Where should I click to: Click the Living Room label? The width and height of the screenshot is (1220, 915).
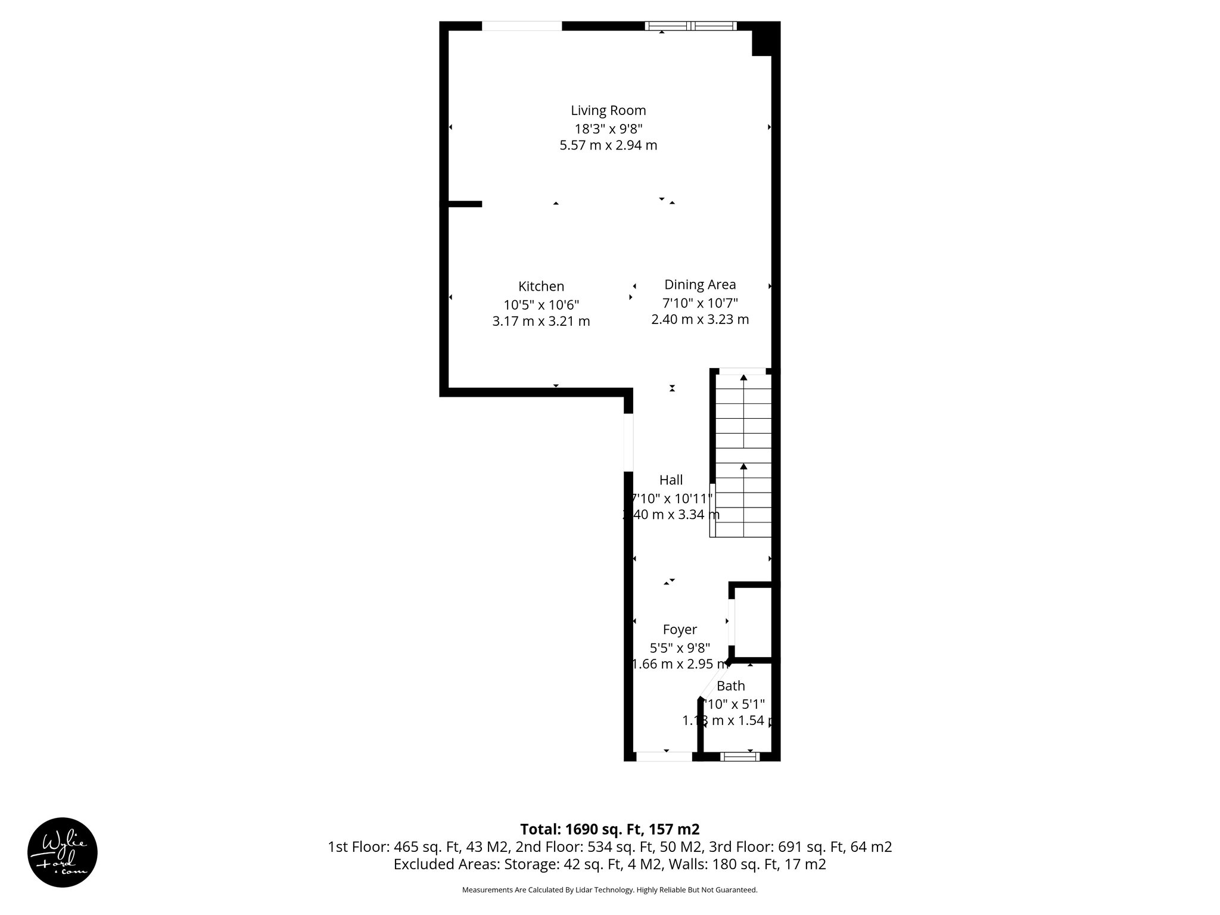pos(608,110)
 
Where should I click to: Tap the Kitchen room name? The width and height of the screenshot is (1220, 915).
pos(541,286)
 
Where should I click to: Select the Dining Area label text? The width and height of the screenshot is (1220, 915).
pos(700,285)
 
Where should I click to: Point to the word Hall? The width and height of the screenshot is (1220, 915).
pos(671,480)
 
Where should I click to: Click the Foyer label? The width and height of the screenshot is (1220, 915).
pos(680,630)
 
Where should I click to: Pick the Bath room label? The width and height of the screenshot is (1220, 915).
pos(730,686)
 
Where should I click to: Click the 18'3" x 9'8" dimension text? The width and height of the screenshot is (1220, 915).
pos(608,128)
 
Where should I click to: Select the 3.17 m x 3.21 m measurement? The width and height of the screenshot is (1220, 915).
pos(541,322)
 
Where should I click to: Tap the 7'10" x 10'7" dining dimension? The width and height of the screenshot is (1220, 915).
pos(700,303)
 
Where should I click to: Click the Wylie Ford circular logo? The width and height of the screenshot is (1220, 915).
pos(63,852)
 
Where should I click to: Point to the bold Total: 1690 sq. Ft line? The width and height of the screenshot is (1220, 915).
pos(609,829)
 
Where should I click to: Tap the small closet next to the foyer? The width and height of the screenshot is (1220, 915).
pos(753,623)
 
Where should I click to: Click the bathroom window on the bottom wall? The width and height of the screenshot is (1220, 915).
pos(740,757)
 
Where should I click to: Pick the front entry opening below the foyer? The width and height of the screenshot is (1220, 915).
pos(664,757)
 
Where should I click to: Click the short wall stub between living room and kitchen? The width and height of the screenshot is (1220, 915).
pos(464,204)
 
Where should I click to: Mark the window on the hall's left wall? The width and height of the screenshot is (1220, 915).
pos(628,441)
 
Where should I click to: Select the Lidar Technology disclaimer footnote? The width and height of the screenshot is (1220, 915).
pos(609,890)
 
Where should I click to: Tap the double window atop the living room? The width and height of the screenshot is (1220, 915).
pos(691,26)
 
